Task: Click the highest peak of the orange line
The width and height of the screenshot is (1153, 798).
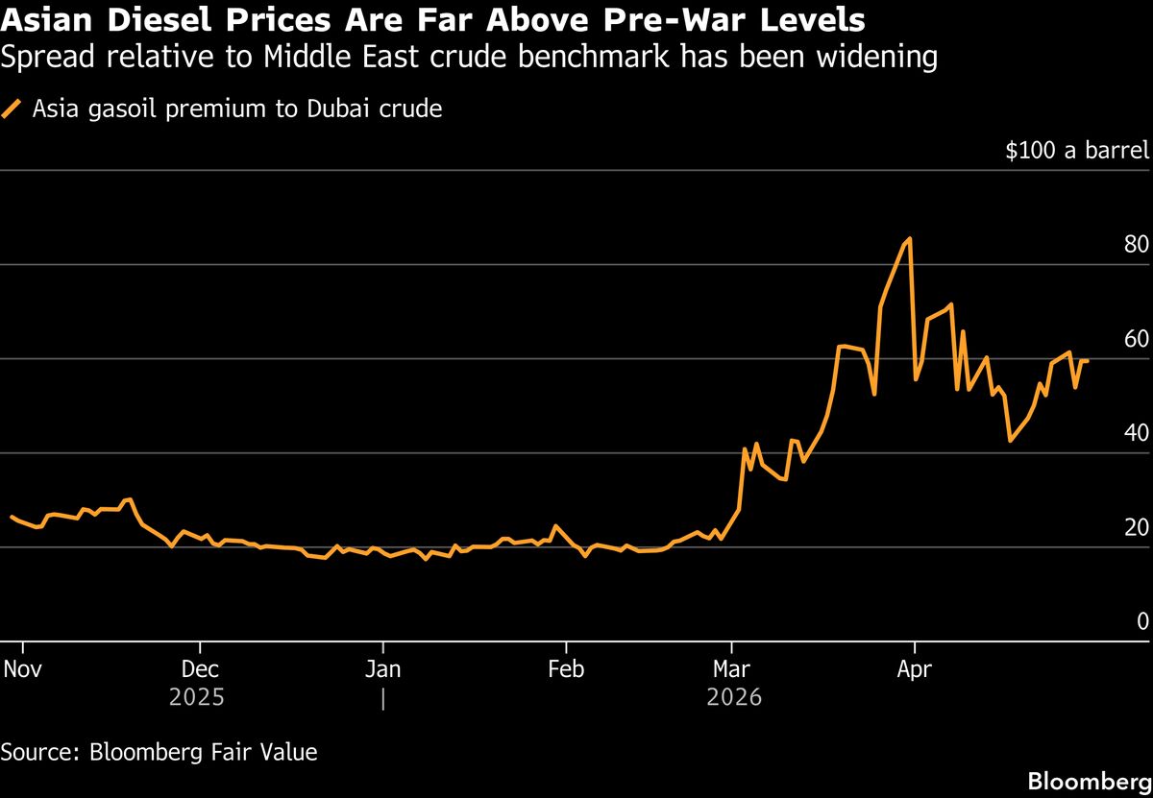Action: pyautogui.click(x=909, y=239)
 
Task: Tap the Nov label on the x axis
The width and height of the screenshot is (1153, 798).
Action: pyautogui.click(x=22, y=668)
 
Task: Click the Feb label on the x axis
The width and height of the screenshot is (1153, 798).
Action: pyautogui.click(x=565, y=668)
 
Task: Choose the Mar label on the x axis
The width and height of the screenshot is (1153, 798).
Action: pyautogui.click(x=732, y=668)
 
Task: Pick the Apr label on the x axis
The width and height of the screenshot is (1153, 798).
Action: pyautogui.click(x=914, y=668)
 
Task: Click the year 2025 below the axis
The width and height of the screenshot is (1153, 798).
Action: pyautogui.click(x=197, y=697)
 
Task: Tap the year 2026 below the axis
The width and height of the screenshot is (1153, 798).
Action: pyautogui.click(x=733, y=697)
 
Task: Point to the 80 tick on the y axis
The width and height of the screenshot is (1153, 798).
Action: pyautogui.click(x=1136, y=245)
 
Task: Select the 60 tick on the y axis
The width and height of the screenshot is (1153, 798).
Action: pyautogui.click(x=1136, y=339)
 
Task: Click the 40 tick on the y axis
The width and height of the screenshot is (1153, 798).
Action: pyautogui.click(x=1136, y=433)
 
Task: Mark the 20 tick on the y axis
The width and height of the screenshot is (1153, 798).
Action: pyautogui.click(x=1136, y=527)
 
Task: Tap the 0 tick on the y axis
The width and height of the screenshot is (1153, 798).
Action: pyautogui.click(x=1142, y=621)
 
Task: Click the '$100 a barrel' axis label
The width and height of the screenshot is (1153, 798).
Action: pyautogui.click(x=1076, y=151)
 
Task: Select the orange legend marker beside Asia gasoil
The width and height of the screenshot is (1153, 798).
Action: pyautogui.click(x=12, y=109)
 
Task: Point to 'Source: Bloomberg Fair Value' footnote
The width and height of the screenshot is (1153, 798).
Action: pyautogui.click(x=159, y=752)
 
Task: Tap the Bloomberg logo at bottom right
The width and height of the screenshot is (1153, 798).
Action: pyautogui.click(x=1089, y=781)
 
